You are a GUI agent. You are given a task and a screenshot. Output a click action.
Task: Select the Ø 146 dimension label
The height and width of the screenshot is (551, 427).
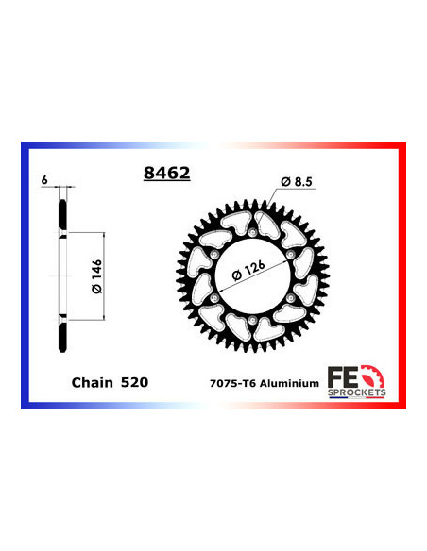[86, 275]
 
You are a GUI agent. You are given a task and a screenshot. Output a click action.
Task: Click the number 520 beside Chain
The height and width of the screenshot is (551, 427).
[133, 383]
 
